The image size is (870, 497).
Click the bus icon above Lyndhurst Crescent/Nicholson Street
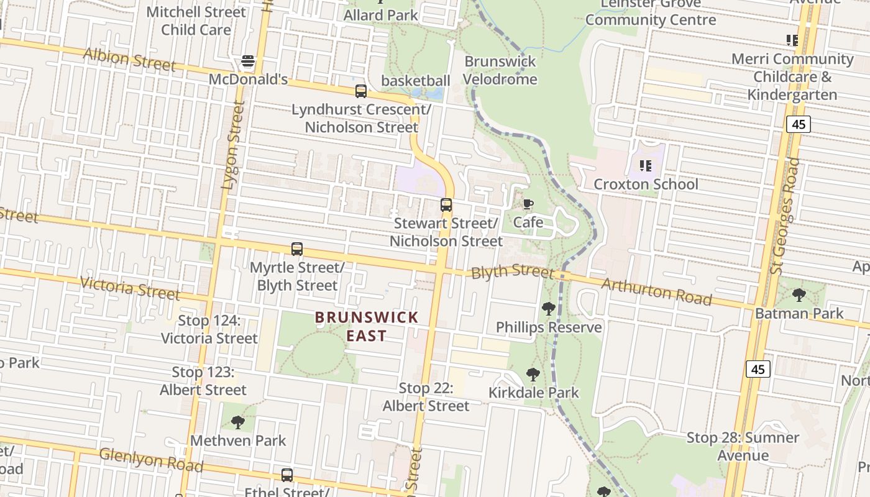tap(360, 91)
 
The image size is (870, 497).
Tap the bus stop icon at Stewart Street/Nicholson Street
tap(446, 205)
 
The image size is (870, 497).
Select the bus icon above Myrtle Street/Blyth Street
tap(297, 249)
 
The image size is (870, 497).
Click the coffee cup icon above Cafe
tap(528, 204)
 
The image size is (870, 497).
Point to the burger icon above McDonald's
tap(248, 61)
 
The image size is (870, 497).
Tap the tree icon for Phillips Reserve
tap(548, 308)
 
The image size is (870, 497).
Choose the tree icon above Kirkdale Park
tap(533, 374)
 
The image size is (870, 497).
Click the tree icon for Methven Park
tap(237, 422)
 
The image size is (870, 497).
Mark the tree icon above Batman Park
tap(799, 294)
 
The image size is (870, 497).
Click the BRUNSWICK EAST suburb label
tap(367, 327)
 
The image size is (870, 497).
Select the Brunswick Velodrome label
tap(500, 71)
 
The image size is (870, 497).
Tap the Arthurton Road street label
tap(656, 291)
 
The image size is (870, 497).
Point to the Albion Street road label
tap(129, 59)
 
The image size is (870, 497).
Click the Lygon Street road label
tap(233, 145)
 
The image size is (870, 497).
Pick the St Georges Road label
tap(785, 215)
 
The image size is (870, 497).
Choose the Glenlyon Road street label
tap(150, 460)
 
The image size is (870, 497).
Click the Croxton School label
tap(646, 184)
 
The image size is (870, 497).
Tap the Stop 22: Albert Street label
tap(426, 397)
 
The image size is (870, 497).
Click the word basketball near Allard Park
tap(415, 81)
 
